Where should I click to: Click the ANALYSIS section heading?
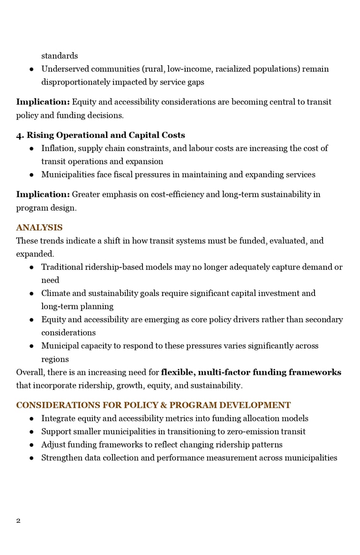39,228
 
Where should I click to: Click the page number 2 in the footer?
18,520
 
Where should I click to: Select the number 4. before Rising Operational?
20,135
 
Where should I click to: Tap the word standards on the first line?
60,56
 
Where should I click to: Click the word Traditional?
62,267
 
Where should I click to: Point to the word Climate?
55,293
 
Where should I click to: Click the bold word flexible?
177,372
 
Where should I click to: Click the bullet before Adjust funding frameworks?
31,444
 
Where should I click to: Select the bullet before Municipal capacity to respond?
31,346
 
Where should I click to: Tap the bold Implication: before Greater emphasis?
43,194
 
